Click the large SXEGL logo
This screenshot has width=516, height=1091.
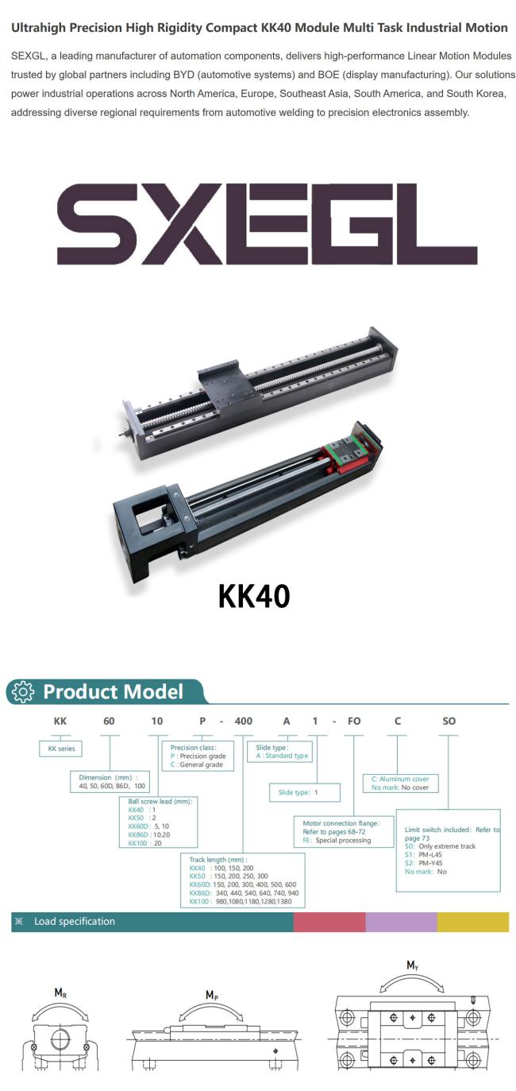tap(268, 224)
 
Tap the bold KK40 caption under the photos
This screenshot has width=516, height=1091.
tap(254, 596)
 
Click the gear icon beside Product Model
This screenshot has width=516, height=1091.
tap(23, 691)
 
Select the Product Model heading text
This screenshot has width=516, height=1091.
tap(113, 691)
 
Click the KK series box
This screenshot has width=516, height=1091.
tap(61, 749)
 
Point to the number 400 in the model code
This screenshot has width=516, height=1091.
tap(244, 721)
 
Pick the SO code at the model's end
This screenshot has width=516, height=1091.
tap(449, 721)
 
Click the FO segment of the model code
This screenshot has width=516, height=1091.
tap(354, 721)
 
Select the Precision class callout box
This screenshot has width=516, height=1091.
tap(198, 756)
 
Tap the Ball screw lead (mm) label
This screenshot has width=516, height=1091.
tap(160, 801)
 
